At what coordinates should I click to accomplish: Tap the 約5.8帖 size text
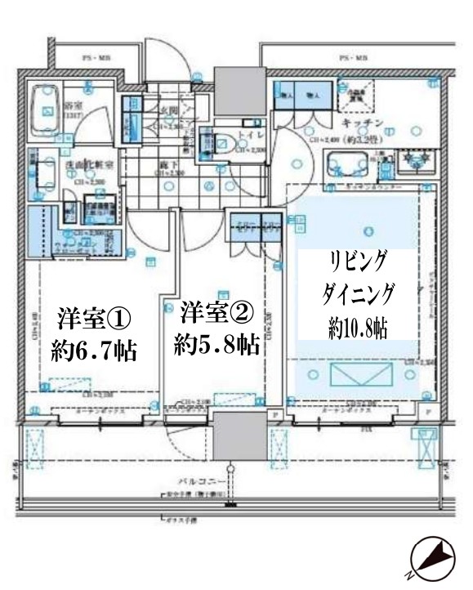click(x=216, y=343)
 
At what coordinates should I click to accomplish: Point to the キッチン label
click(x=359, y=122)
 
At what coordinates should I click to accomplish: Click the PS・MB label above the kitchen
click(x=353, y=59)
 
